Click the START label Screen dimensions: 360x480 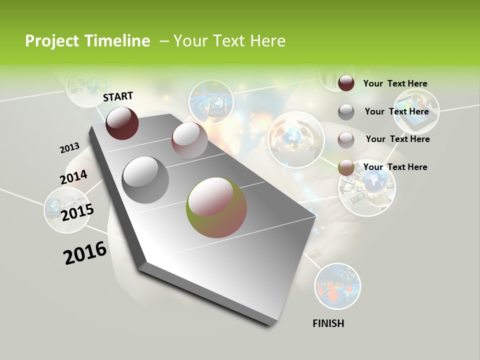coord(118,96)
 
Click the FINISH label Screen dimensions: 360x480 coord(328,323)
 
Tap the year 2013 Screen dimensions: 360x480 coord(69,148)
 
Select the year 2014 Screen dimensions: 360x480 coord(73,177)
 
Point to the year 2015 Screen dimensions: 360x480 coord(77,212)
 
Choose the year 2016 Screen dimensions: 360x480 coord(85,253)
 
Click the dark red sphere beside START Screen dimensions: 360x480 coord(122,123)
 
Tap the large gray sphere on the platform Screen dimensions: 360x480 coord(145,180)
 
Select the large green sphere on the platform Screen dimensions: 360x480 coord(216,207)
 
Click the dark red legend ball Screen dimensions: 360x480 coord(346,83)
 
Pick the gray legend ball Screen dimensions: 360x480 coord(346,112)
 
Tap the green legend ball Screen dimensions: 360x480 coord(346,167)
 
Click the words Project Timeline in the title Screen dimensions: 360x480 coord(87,41)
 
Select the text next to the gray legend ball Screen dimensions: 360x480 coord(397,111)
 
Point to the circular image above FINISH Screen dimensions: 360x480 coord(337,286)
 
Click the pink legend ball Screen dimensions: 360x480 coord(346,139)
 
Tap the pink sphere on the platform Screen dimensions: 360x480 coord(189,140)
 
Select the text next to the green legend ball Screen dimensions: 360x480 coord(395,167)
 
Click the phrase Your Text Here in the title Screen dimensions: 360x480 coord(229,41)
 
